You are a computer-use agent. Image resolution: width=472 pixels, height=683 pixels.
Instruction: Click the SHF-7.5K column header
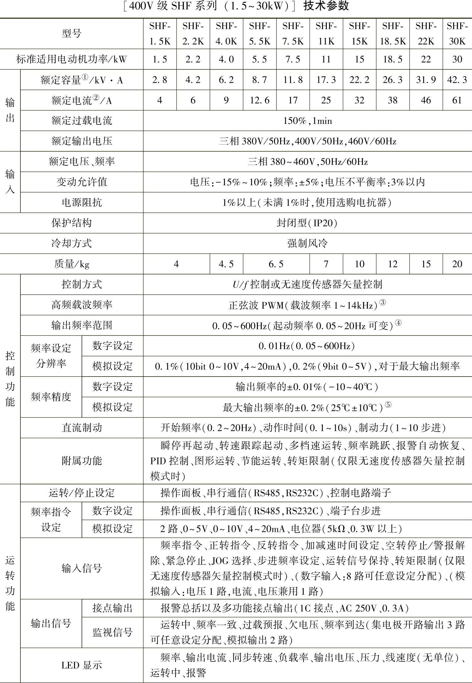click(x=293, y=33)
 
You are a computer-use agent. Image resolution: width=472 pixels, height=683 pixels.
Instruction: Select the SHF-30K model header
click(x=457, y=33)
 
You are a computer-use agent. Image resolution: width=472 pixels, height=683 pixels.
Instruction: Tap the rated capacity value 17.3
click(x=326, y=80)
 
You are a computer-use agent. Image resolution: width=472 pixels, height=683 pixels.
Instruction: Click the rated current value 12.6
click(x=259, y=100)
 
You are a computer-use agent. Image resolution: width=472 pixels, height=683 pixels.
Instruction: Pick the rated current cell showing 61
click(x=457, y=100)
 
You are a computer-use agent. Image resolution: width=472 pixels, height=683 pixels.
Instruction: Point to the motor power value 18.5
click(x=393, y=59)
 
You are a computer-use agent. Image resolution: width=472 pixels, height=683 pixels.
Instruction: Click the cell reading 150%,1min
click(x=307, y=120)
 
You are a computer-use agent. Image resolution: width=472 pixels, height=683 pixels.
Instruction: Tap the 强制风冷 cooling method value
click(x=307, y=243)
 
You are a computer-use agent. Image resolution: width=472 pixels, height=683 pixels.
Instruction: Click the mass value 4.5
click(x=226, y=264)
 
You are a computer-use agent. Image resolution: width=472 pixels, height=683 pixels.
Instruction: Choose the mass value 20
click(x=457, y=264)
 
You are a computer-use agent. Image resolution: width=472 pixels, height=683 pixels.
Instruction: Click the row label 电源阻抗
click(x=82, y=202)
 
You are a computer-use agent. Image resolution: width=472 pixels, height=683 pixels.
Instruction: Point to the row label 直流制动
click(x=82, y=428)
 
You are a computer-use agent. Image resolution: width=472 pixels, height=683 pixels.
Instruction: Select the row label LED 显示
click(x=82, y=665)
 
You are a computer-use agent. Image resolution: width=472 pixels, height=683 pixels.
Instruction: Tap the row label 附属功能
click(x=82, y=461)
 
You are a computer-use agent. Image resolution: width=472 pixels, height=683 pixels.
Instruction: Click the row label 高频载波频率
click(x=82, y=305)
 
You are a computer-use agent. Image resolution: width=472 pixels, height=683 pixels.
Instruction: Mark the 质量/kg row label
click(x=71, y=264)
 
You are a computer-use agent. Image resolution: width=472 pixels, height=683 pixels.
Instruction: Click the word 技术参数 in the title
click(x=326, y=6)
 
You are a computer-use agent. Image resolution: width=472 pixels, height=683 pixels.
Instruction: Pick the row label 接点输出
click(x=112, y=608)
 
